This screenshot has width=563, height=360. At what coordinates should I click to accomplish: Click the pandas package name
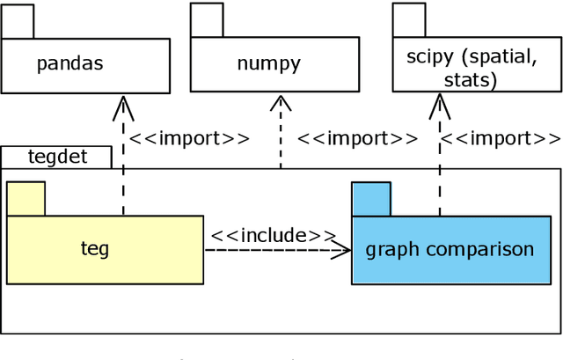pos(69,63)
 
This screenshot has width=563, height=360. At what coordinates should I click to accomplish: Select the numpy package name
pos(268,63)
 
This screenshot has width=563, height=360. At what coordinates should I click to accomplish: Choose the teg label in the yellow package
pos(95,249)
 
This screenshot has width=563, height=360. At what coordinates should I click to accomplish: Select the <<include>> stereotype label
pos(273,235)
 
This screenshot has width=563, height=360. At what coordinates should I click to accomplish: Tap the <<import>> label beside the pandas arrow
pos(189,138)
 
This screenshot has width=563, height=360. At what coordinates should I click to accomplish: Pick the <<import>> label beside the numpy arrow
pos(357,138)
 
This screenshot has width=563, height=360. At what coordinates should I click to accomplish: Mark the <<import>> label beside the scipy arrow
pos(500,138)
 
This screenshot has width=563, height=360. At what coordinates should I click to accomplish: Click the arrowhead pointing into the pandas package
pos(123,107)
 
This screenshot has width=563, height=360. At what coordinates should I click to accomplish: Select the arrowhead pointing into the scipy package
pos(438,107)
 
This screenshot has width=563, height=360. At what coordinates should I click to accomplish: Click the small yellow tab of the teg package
pos(26,198)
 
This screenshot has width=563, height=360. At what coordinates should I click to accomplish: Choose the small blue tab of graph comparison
pos(370,198)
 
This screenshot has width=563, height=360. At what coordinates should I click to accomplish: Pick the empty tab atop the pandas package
pos(18,20)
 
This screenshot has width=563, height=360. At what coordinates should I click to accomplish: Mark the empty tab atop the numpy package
pos(207,20)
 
